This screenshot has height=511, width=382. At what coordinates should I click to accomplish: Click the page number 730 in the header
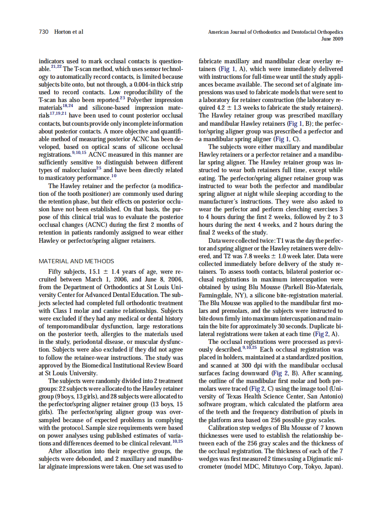pos(44,32)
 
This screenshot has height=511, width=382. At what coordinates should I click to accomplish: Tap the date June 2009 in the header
pos(332,39)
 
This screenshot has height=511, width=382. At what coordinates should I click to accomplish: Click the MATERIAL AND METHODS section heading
pos(77,261)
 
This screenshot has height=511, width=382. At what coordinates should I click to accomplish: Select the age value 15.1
pos(101,271)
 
